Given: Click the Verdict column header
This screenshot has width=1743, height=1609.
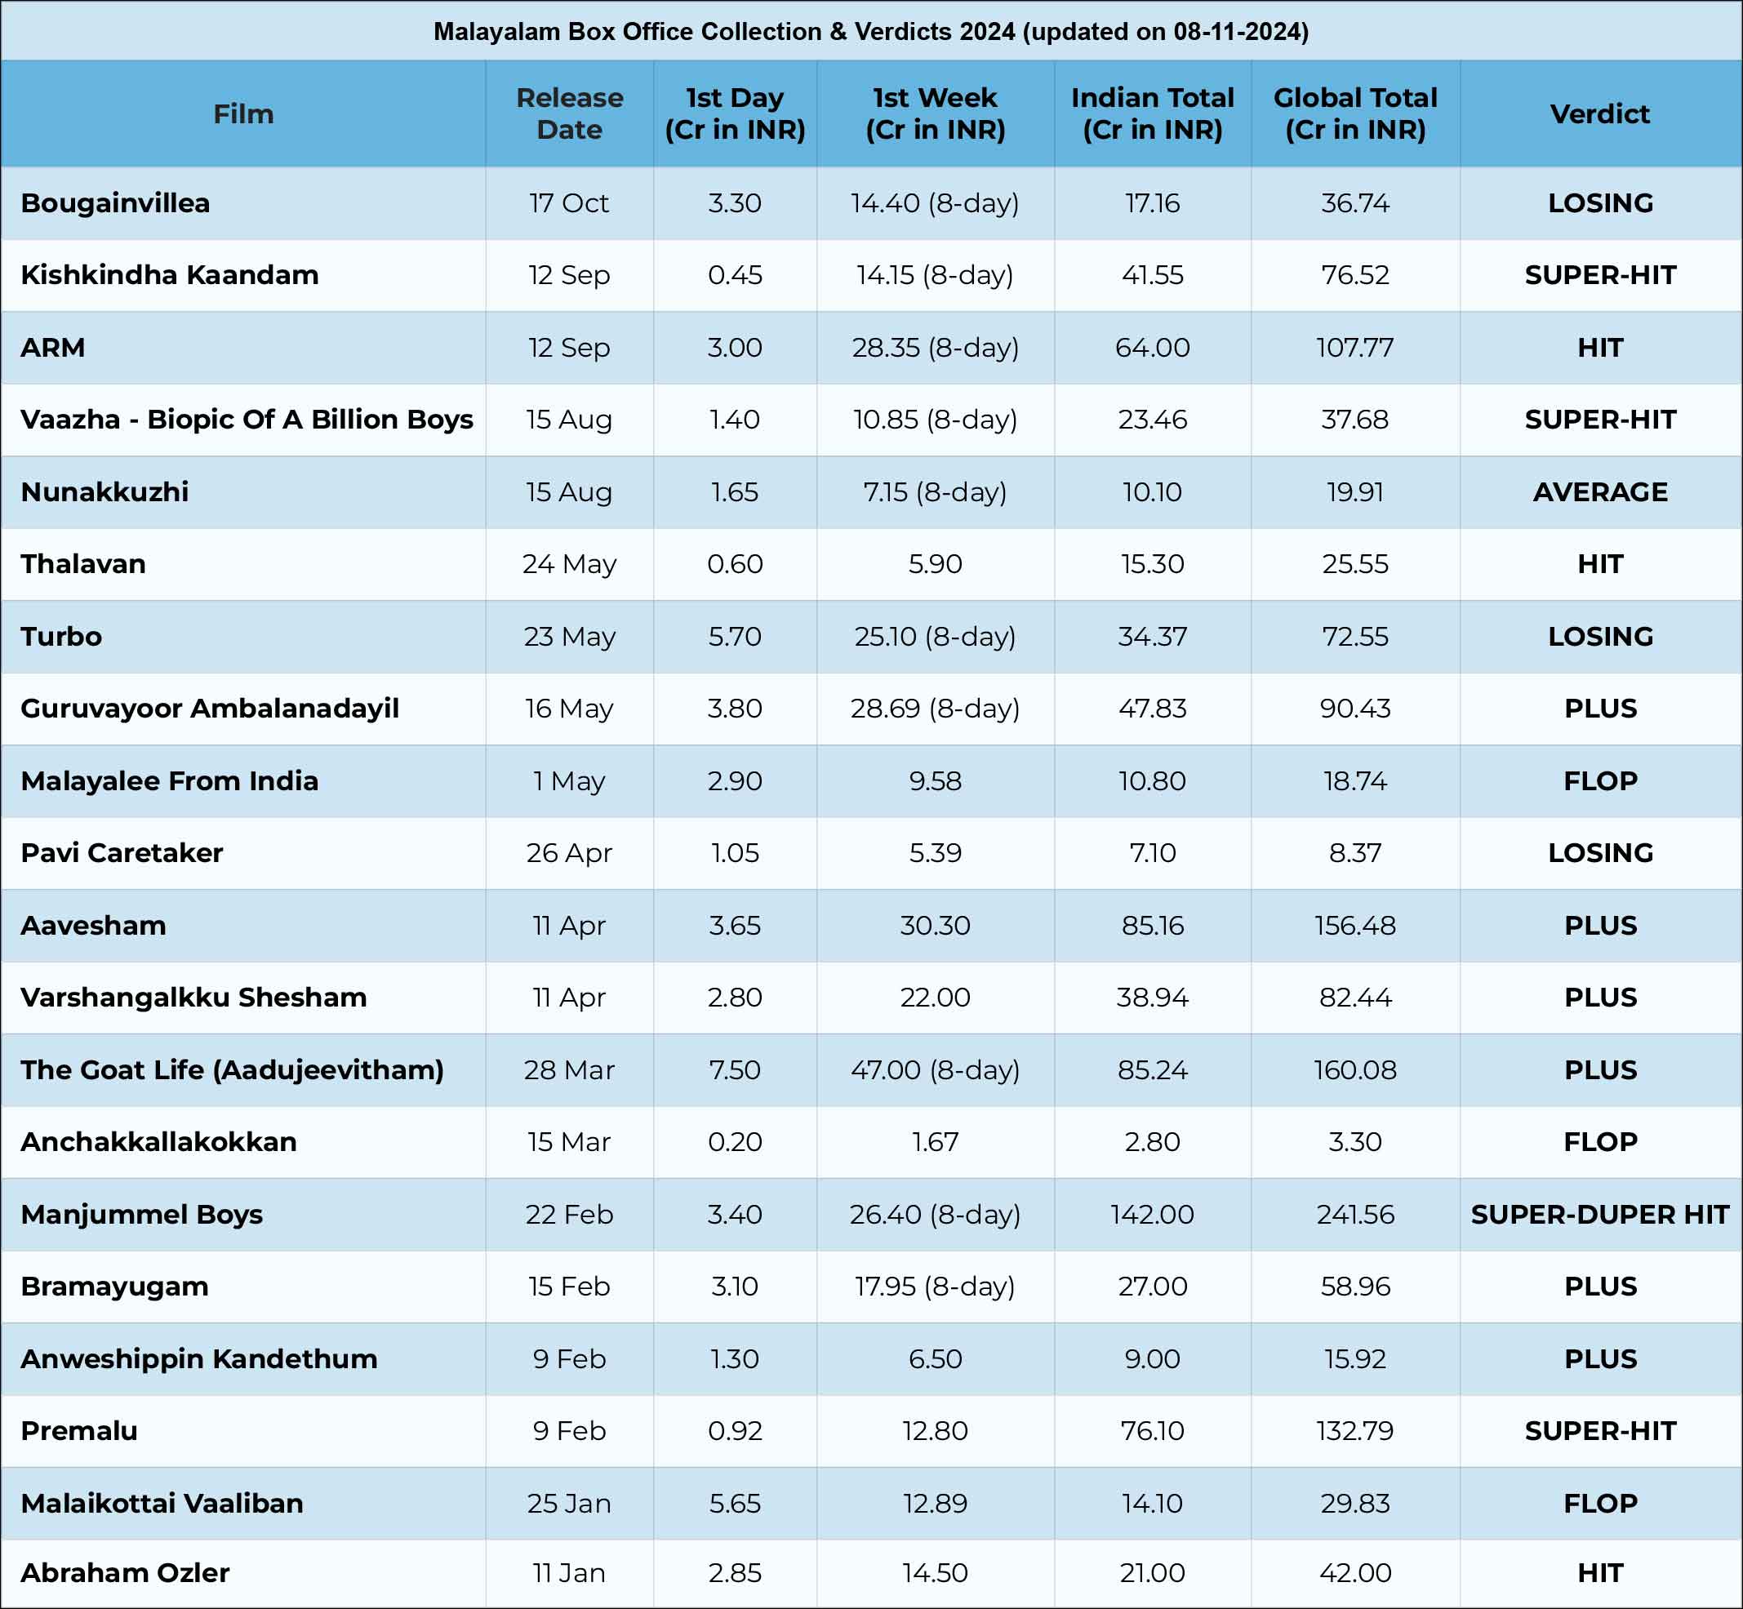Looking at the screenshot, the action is click(1599, 114).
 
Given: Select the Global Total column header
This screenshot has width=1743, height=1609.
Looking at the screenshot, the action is click(1354, 113).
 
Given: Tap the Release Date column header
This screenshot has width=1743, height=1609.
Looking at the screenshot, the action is click(569, 113).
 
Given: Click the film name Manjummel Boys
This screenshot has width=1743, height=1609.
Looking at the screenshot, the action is click(142, 1214).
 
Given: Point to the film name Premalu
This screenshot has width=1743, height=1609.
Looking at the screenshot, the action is click(79, 1430).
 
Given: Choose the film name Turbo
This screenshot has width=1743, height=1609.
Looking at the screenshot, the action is click(61, 637).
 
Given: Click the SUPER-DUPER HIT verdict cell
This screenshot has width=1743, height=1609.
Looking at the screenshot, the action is click(1599, 1214).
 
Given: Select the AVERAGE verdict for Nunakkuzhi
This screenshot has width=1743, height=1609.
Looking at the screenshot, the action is click(1599, 492).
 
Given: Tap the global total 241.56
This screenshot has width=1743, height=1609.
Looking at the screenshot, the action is click(1354, 1214).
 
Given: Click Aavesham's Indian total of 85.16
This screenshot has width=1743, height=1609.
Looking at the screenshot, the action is click(1152, 925).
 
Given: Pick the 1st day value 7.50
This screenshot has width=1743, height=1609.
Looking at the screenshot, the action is click(734, 1069).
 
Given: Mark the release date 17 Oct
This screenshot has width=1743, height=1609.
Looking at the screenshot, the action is click(568, 203).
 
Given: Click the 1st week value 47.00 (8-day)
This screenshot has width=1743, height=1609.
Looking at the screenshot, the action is click(935, 1070).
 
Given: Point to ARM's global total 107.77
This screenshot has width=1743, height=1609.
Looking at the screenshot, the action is click(1354, 348).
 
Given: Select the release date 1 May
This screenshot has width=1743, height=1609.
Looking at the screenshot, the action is click(568, 781).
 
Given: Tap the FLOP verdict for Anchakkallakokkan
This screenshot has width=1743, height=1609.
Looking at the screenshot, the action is click(1599, 1141).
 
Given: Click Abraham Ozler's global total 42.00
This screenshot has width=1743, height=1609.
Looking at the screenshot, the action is click(1354, 1572).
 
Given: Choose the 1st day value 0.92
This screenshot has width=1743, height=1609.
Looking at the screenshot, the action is click(734, 1430).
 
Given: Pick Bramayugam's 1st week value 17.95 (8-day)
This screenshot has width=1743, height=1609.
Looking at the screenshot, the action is click(935, 1287).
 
